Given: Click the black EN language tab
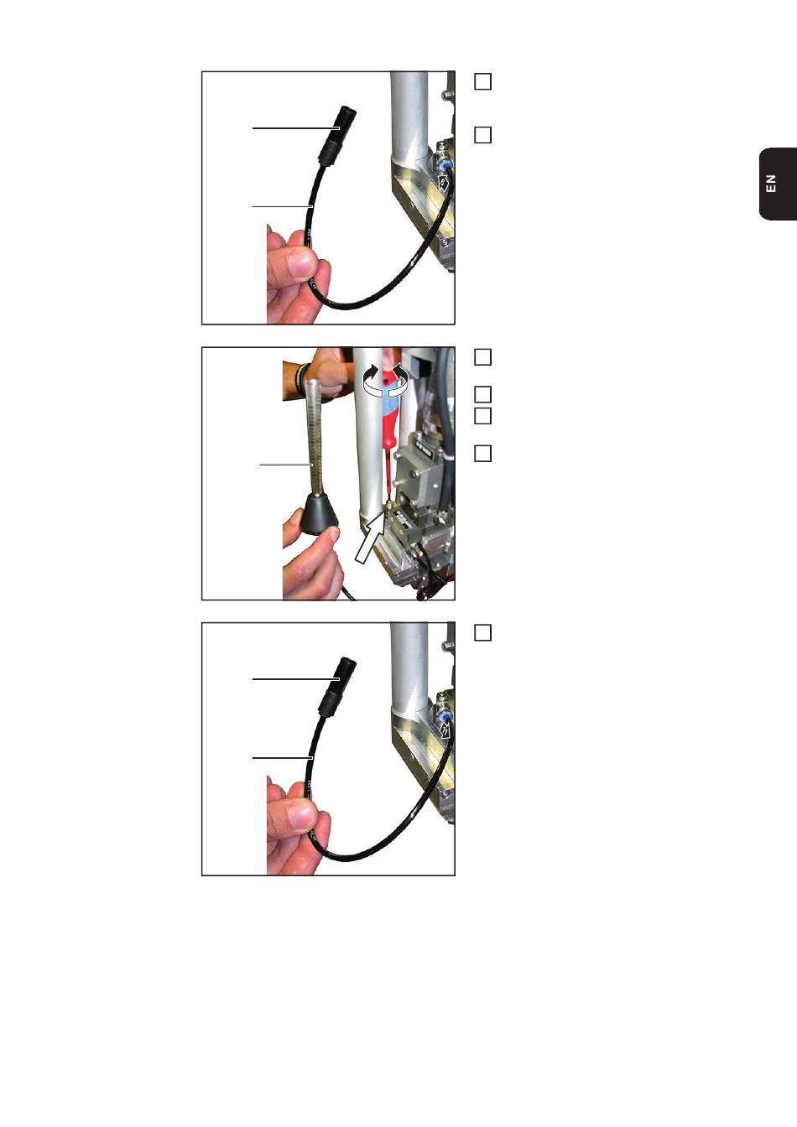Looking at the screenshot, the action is [779, 184].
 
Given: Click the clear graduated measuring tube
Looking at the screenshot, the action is [313, 437].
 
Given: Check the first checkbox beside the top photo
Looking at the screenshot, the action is [483, 81].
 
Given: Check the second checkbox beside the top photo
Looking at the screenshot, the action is [483, 135].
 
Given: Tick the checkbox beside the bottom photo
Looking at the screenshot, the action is [483, 632].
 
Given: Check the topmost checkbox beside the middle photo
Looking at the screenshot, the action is [483, 356].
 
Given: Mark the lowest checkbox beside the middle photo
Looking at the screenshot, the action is [483, 454].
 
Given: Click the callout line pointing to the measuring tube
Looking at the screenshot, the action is [286, 465].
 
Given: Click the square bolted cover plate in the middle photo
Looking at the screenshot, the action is [417, 470].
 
